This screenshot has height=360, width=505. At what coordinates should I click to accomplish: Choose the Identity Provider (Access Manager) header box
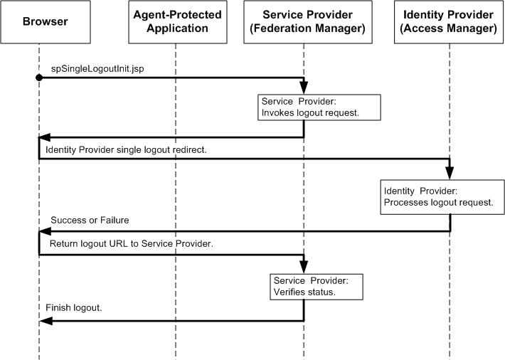(449, 23)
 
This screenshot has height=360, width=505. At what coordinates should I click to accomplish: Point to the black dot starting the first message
(39, 78)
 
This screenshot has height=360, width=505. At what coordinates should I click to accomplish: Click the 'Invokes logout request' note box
(319, 107)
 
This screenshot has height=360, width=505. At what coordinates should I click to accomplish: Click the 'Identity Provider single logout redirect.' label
(126, 150)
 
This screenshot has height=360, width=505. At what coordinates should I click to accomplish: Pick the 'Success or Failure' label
(89, 221)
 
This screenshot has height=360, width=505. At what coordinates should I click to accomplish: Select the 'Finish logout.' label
(74, 308)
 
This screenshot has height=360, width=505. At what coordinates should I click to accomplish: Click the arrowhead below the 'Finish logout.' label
(44, 320)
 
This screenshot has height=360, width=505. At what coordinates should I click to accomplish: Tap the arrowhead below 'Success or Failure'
(44, 231)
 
